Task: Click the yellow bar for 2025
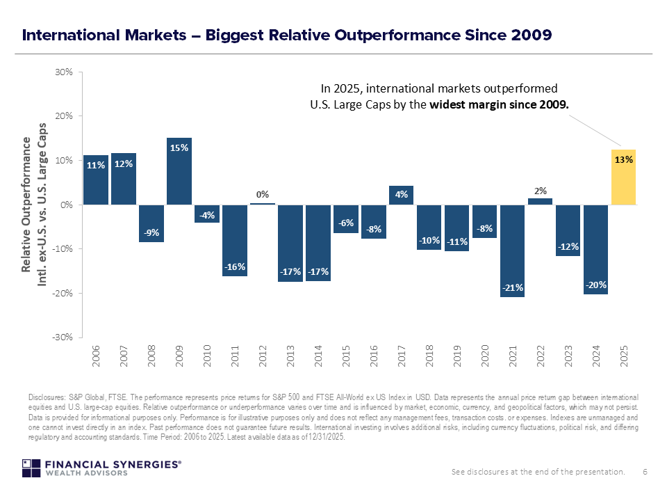click(624, 177)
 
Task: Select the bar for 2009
click(179, 171)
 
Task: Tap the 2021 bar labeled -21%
click(513, 251)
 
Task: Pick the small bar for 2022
click(541, 202)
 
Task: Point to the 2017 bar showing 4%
click(401, 195)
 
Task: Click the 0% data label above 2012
click(263, 195)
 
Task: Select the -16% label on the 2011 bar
click(235, 267)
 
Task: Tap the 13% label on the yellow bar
click(624, 160)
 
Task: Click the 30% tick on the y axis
click(64, 72)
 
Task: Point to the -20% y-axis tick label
click(63, 293)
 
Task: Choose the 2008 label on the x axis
click(151, 356)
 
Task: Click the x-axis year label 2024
click(596, 356)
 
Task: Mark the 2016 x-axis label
click(374, 356)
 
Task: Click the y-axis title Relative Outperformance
click(26, 205)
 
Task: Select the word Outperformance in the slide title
click(397, 35)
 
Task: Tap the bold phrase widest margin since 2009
click(499, 104)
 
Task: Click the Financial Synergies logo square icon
click(31, 468)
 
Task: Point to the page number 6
click(645, 472)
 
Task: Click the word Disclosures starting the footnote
click(47, 397)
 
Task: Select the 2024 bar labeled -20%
click(595, 250)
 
